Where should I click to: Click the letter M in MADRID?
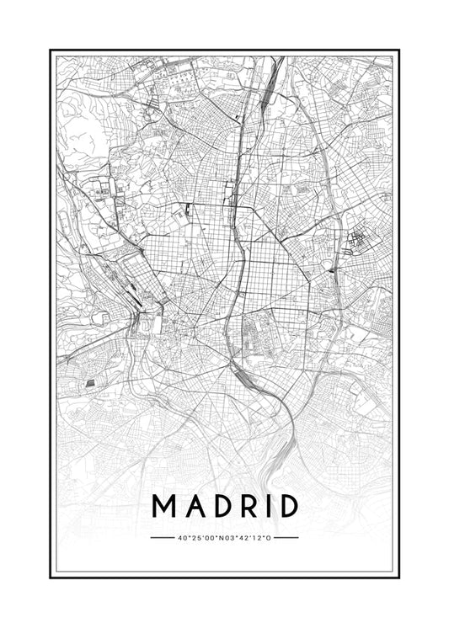[163, 506]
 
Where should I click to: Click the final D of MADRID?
[287, 506]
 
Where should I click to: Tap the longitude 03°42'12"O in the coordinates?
[248, 537]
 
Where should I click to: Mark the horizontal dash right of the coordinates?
[286, 537]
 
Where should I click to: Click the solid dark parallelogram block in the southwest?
[92, 384]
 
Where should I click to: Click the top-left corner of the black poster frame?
[51, 51]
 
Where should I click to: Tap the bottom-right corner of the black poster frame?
[398, 577]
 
